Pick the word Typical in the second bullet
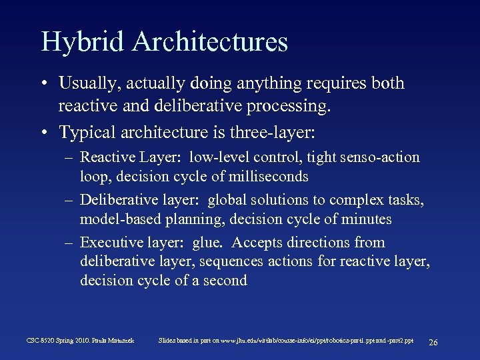[x=85, y=133]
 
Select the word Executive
[x=109, y=243]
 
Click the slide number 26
[x=433, y=342]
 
